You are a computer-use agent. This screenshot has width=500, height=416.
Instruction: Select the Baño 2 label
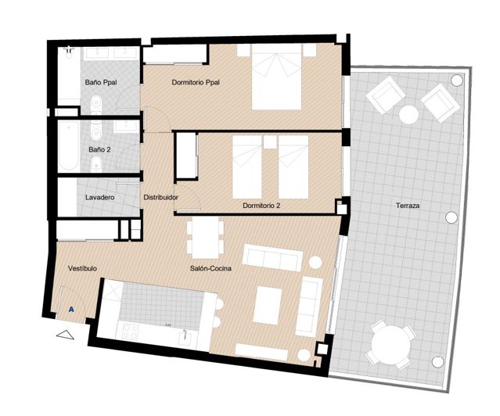tap(99, 148)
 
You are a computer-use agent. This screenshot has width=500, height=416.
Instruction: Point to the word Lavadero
tap(100, 198)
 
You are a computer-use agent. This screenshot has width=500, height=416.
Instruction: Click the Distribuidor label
tap(160, 198)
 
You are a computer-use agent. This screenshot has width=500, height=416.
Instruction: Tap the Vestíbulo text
tap(82, 268)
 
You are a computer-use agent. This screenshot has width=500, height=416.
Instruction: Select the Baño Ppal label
tap(100, 81)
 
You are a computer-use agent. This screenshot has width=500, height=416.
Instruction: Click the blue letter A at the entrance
tap(72, 310)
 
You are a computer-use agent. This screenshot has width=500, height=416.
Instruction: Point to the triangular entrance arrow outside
tap(67, 334)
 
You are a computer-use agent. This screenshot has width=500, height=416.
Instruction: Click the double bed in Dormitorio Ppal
tap(275, 77)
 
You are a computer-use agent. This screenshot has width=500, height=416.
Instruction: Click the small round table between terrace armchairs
tap(408, 114)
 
